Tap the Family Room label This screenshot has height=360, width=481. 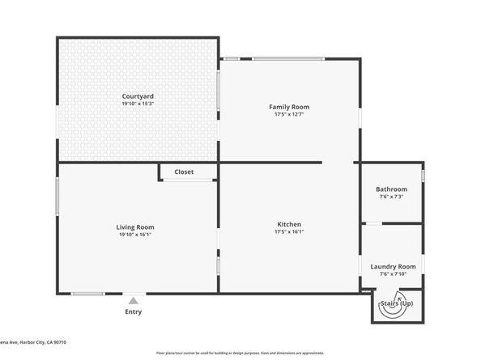point(289,107)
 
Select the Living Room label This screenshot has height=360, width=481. point(135,227)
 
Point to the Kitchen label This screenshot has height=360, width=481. point(289,224)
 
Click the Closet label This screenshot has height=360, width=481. point(184,172)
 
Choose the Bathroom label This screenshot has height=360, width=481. point(391,189)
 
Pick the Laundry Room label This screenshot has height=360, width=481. point(393,266)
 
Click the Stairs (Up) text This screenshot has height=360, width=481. point(397,303)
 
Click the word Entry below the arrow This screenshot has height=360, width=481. point(134,311)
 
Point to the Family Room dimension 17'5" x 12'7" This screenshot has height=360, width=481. point(289,114)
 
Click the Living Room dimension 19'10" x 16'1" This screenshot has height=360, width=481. point(135,235)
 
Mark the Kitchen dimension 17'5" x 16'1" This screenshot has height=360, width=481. point(289,231)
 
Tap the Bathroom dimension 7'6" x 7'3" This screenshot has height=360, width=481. point(391,197)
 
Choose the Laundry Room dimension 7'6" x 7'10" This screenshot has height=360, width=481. point(393,273)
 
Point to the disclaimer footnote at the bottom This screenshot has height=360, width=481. point(240,354)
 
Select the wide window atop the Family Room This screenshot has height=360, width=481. point(288,58)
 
